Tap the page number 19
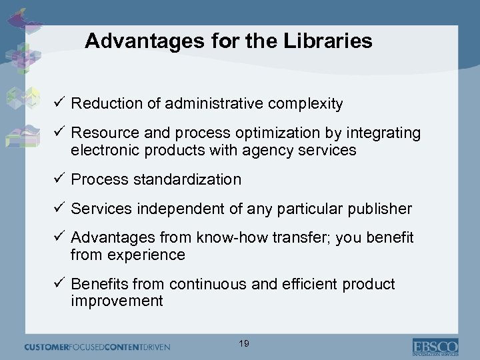[244, 343]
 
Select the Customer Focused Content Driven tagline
[97, 347]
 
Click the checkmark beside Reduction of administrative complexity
[58, 103]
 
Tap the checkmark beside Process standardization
[58, 179]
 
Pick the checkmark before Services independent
[58, 209]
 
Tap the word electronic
[103, 151]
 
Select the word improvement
[117, 301]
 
